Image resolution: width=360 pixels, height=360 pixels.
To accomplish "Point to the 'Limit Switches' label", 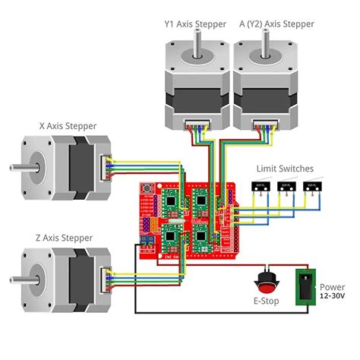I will pos(285,169).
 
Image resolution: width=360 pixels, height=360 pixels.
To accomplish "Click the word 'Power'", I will pos(333,287).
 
